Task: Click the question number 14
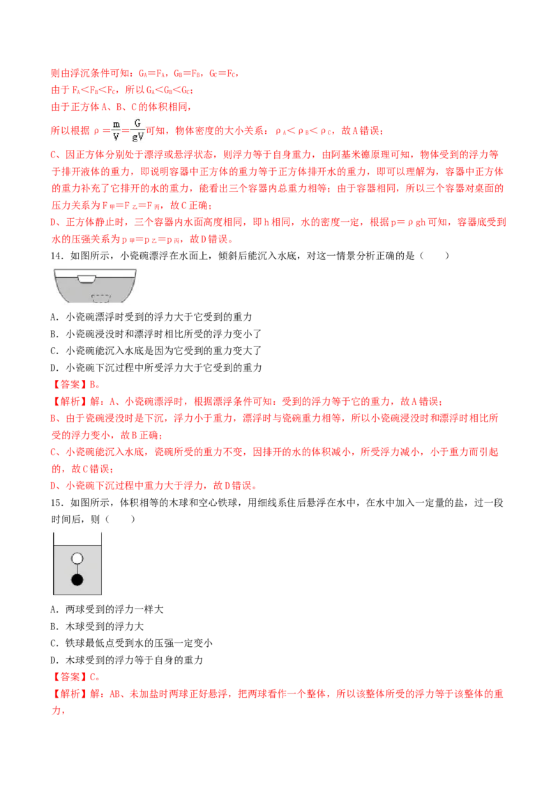[57, 256]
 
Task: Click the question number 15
[57, 503]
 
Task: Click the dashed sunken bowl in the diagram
[100, 298]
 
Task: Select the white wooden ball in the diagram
[77, 558]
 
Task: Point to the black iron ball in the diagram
[77, 580]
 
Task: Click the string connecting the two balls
[77, 569]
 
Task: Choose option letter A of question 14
[54, 317]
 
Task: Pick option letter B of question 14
[54, 334]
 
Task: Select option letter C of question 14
[54, 351]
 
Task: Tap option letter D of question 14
[54, 368]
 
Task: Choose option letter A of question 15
[54, 609]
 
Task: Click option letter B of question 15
[54, 627]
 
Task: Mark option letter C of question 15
[54, 643]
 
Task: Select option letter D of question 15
[54, 660]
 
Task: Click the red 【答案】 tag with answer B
[70, 385]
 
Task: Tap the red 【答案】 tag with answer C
[70, 677]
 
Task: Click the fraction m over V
[116, 130]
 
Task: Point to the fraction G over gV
[137, 130]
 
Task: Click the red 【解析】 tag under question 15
[70, 694]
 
